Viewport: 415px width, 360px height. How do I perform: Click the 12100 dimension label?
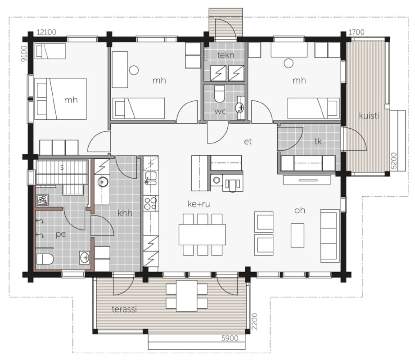click(46, 32)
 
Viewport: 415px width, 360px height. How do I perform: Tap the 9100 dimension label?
click(24, 54)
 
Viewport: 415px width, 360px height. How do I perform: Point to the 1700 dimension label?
click(356, 32)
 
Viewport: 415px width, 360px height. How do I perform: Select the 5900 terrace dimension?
click(230, 338)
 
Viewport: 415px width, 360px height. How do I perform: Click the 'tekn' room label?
click(226, 55)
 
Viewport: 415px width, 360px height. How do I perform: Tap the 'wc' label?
click(220, 112)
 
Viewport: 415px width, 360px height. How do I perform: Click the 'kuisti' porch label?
click(369, 116)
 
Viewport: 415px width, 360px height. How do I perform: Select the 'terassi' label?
click(124, 309)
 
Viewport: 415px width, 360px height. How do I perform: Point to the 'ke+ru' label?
click(199, 204)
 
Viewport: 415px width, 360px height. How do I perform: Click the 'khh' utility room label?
click(125, 213)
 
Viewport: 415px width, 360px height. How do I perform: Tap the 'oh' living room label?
click(300, 210)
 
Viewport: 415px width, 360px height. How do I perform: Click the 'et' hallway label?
click(248, 142)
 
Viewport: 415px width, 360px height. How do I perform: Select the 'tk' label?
click(318, 141)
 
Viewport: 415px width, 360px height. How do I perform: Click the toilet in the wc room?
click(219, 94)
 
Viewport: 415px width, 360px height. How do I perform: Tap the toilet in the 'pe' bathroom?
click(45, 259)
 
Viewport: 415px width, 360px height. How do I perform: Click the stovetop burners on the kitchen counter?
click(150, 203)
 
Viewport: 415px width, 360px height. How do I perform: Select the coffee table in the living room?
click(298, 235)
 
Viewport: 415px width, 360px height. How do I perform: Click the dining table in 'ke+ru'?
click(202, 234)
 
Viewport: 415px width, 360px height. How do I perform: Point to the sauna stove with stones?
click(43, 200)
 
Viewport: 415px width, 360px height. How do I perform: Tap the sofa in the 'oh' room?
click(330, 236)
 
